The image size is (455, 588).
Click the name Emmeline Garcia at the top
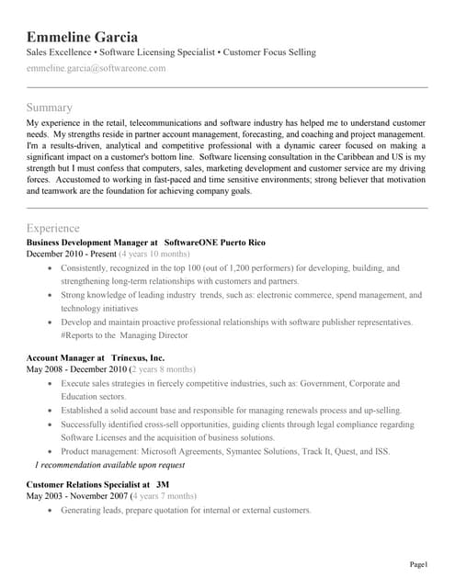coord(83,38)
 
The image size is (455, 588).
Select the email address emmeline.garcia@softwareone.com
coord(97,68)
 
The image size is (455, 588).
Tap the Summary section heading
coord(51,107)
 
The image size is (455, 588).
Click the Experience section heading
coord(53,228)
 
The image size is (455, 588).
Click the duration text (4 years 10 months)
coord(154,254)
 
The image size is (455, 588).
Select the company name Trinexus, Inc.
coord(138,357)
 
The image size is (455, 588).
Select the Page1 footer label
coord(419,563)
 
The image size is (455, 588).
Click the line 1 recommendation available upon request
coord(109,466)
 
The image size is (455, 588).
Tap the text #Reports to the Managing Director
coord(124,336)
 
